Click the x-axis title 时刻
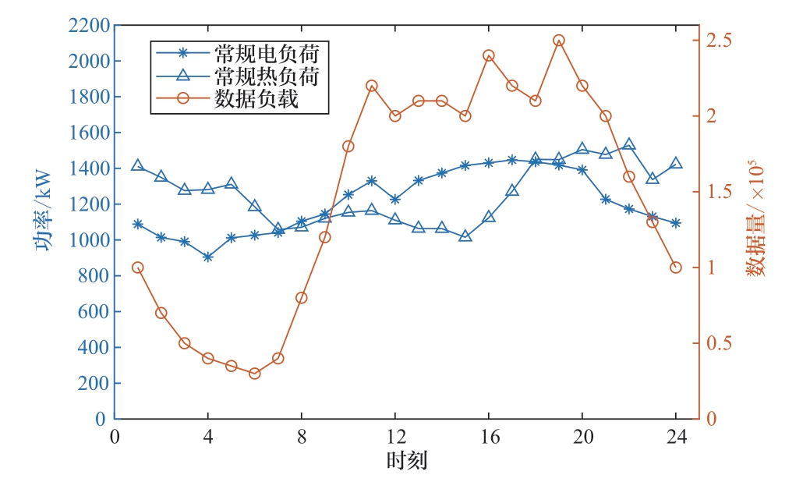(x=406, y=461)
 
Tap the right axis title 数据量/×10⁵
(x=757, y=222)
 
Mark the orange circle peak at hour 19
(x=558, y=41)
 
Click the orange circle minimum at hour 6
(x=254, y=374)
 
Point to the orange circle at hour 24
(x=675, y=268)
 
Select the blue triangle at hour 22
(x=628, y=145)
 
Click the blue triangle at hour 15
(x=465, y=236)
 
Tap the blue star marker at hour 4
(x=207, y=257)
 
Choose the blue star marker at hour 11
(x=371, y=181)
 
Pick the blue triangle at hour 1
(x=137, y=165)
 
